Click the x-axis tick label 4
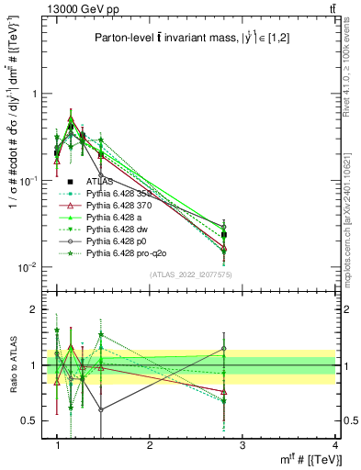pos(336,445)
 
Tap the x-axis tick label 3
pos(243,445)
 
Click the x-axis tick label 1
pos(58,445)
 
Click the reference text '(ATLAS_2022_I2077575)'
pos(191,274)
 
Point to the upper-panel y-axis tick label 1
pos(38,94)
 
